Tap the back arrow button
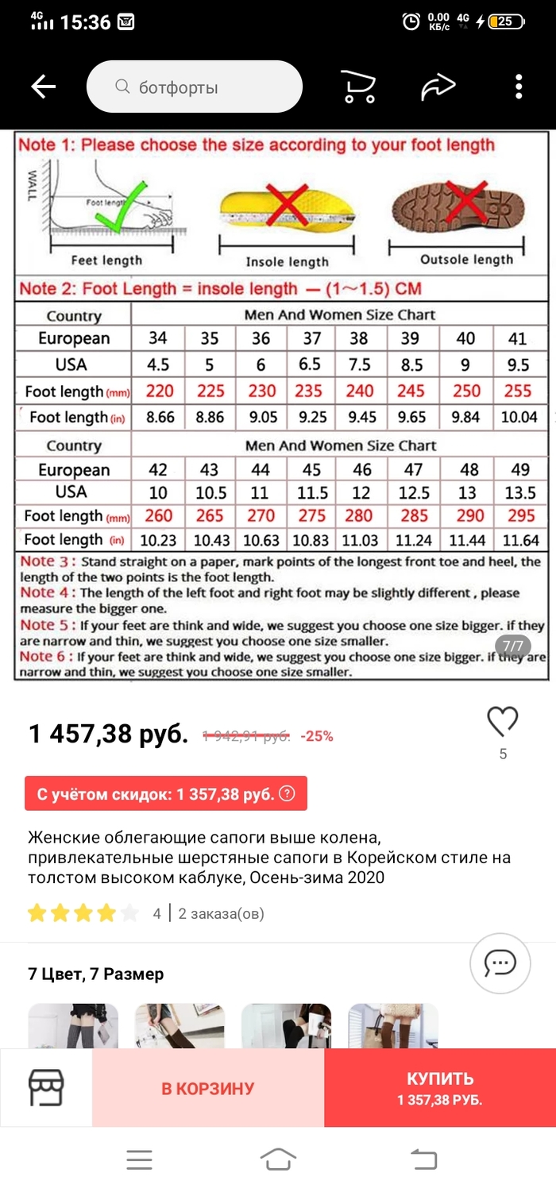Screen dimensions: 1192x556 (44, 87)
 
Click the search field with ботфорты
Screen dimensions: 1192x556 (195, 87)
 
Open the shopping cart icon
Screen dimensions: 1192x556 (357, 87)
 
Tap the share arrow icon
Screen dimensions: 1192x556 (438, 87)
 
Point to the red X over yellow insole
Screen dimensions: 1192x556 (287, 205)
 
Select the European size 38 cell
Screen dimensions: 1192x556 (359, 338)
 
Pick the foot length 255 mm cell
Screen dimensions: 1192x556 (518, 391)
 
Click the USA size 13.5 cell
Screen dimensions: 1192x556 (521, 492)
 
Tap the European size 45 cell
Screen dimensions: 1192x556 (312, 470)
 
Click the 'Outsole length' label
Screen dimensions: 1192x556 (466, 260)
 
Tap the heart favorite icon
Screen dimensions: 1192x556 (502, 721)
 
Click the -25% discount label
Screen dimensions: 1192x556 (317, 736)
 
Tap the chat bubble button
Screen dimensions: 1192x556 (500, 963)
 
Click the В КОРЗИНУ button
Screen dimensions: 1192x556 (208, 1088)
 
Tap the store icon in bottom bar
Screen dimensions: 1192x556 (46, 1088)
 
